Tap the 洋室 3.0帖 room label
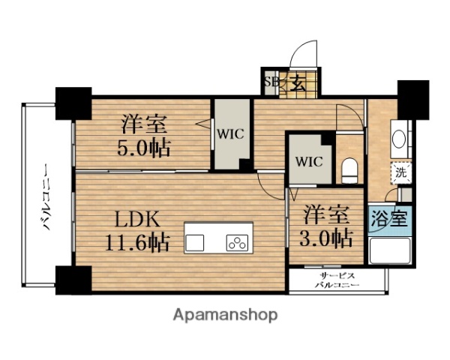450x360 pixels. [326, 227]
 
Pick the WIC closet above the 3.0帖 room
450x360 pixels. [307, 160]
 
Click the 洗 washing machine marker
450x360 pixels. [400, 171]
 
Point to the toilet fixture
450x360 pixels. [347, 169]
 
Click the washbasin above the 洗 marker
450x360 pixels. [400, 139]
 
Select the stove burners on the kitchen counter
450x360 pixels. [236, 242]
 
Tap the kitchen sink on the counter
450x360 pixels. [195, 242]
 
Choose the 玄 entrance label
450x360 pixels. [298, 83]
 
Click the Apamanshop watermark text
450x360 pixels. [224, 315]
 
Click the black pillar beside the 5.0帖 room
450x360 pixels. [73, 102]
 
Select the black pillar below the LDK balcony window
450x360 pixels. [73, 280]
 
